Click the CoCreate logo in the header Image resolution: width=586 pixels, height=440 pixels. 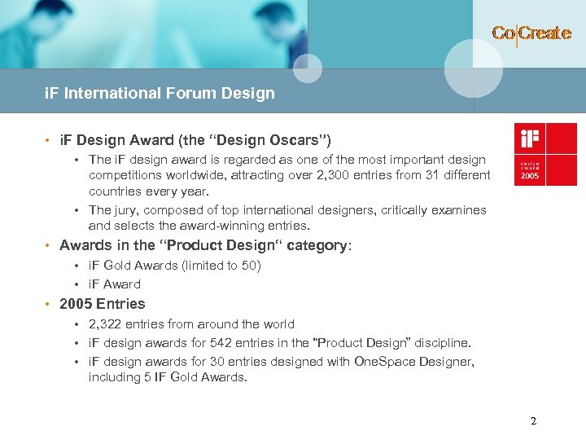[531, 33]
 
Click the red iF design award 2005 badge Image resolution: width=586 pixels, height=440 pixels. [545, 154]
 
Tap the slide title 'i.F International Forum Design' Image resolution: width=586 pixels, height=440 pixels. [160, 93]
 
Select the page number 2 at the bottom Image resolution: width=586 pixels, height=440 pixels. [533, 421]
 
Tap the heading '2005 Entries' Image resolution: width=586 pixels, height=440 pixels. [103, 304]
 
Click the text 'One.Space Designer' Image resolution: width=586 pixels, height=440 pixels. [414, 361]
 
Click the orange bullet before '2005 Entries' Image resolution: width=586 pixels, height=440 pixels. [49, 304]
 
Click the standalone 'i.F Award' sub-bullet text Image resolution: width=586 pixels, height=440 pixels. [115, 284]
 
